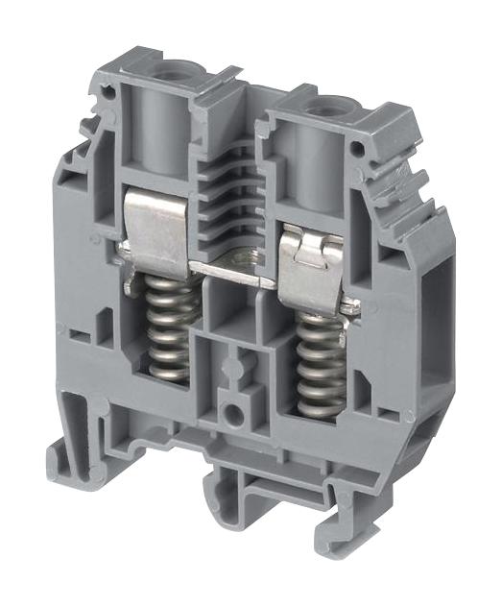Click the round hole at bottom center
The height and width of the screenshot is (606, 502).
(230, 415)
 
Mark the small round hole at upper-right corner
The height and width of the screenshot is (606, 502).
(358, 150)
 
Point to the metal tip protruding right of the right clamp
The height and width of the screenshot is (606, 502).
(352, 306)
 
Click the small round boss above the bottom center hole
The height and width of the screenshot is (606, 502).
(231, 369)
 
